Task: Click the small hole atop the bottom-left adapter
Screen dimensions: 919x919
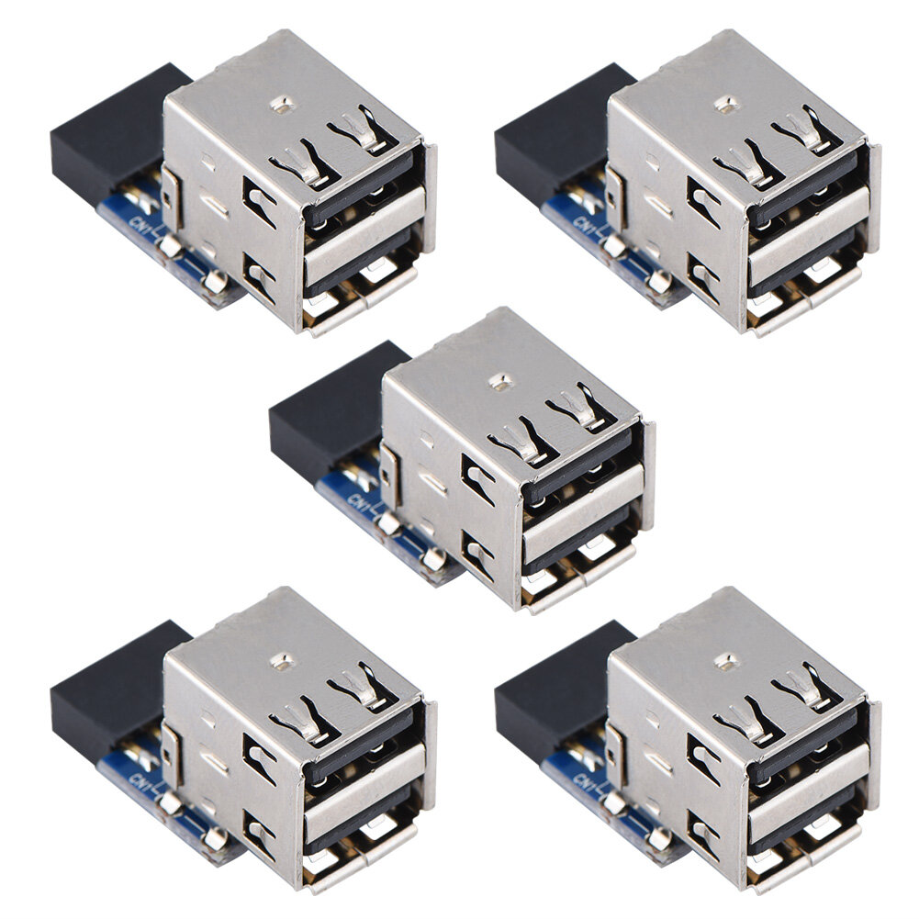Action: coord(284,659)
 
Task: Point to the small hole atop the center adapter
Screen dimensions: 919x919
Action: coord(500,380)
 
